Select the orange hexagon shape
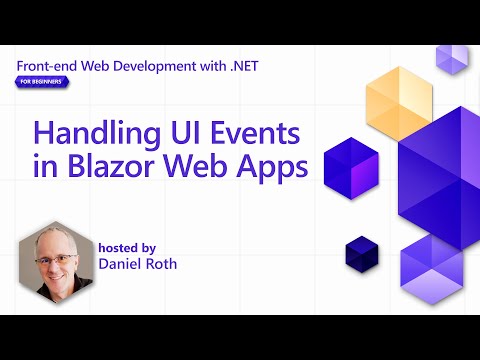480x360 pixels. click(398, 103)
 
